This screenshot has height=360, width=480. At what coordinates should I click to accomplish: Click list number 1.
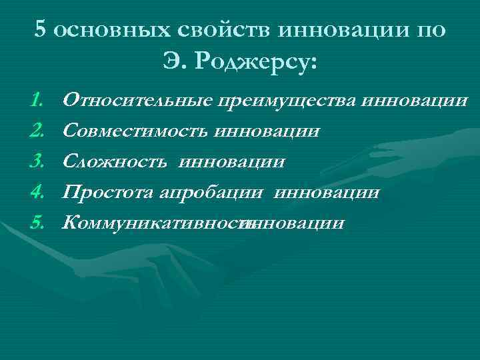click(x=37, y=101)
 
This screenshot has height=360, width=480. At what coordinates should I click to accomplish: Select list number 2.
click(x=37, y=131)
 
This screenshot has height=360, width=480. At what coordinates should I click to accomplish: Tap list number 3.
click(x=37, y=161)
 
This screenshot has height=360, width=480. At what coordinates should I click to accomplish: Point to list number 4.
click(x=37, y=192)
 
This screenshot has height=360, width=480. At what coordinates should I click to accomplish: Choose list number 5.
click(x=37, y=222)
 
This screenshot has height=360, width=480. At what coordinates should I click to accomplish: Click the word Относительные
click(x=136, y=101)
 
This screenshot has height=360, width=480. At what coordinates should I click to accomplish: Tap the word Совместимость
click(x=135, y=131)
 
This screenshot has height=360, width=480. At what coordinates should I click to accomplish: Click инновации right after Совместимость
click(x=267, y=131)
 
